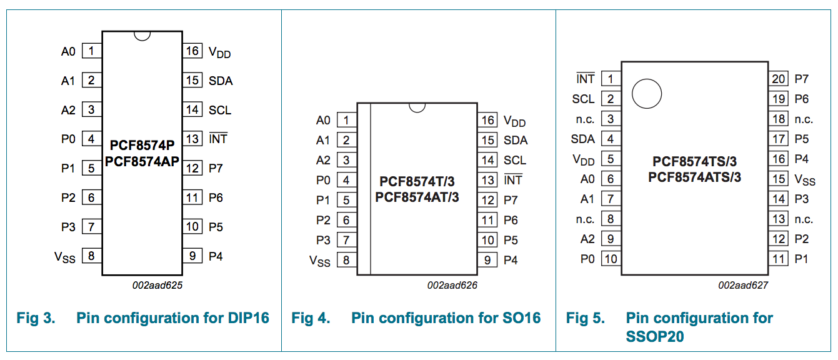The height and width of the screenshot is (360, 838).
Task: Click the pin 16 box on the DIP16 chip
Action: coord(192,51)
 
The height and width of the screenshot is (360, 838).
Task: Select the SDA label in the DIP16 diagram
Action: coord(221,81)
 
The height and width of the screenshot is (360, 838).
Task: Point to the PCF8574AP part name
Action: coord(142,161)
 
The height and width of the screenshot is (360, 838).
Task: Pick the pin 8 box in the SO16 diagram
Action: coord(346,260)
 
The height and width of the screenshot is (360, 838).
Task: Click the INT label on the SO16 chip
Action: coord(513,180)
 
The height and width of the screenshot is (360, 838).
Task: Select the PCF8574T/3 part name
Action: coord(417,182)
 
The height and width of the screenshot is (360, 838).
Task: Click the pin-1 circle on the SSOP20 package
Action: coord(646,94)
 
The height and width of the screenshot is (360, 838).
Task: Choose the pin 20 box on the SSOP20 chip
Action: coord(779,79)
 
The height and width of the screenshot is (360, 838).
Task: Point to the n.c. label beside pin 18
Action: coord(804,119)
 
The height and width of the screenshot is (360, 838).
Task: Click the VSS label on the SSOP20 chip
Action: coord(805,180)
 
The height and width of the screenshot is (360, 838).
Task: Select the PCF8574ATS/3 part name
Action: coord(694,177)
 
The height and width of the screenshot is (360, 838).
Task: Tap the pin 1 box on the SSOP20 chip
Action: coord(610,79)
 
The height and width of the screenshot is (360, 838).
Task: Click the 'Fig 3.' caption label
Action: coord(36,318)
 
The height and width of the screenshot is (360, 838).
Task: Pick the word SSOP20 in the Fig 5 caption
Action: coord(655,337)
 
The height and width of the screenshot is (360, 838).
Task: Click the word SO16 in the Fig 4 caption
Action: coord(521,318)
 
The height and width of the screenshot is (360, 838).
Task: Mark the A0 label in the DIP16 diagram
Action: coord(68,51)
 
